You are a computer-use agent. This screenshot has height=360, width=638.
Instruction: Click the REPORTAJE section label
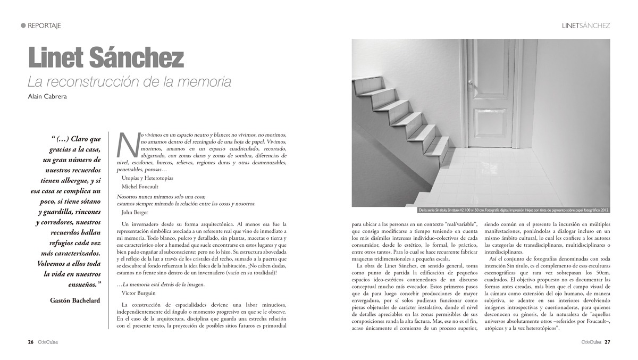pyautogui.click(x=44, y=26)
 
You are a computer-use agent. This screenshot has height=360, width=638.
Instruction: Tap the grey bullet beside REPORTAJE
pyautogui.click(x=23, y=26)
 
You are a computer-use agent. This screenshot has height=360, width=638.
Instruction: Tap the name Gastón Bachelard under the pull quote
pyautogui.click(x=75, y=300)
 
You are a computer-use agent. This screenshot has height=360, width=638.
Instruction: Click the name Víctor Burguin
pyautogui.click(x=139, y=293)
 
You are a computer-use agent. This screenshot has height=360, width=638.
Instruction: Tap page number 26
pyautogui.click(x=31, y=342)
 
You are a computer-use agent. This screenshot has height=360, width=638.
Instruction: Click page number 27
pyautogui.click(x=607, y=342)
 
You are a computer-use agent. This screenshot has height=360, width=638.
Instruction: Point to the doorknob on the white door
pyautogui.click(x=470, y=83)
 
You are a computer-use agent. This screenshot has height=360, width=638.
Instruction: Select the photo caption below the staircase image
pyautogui.click(x=513, y=210)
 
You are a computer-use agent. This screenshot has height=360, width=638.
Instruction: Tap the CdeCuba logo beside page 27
pyautogui.click(x=591, y=342)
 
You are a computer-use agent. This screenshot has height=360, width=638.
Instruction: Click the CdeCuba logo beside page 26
pyautogui.click(x=47, y=342)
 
